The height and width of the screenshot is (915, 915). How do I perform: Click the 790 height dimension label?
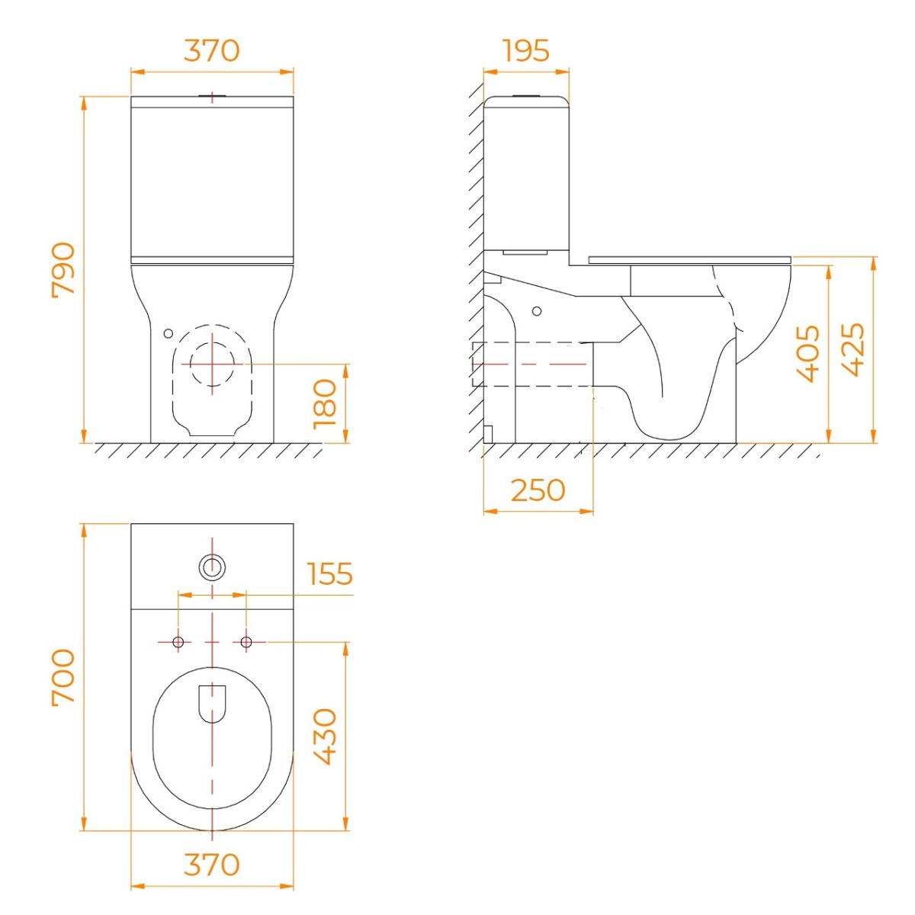[x=63, y=270]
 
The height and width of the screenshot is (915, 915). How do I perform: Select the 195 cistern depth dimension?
[x=526, y=50]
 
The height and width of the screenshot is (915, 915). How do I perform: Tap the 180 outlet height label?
[x=326, y=404]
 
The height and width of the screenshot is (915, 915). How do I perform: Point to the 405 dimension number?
[x=808, y=354]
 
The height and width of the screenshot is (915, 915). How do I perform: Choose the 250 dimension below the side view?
[x=538, y=490]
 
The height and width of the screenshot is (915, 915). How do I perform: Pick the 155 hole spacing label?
[x=330, y=573]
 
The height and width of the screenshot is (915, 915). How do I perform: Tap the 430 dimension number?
[x=326, y=737]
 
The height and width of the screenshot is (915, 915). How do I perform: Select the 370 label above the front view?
[x=212, y=50]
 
